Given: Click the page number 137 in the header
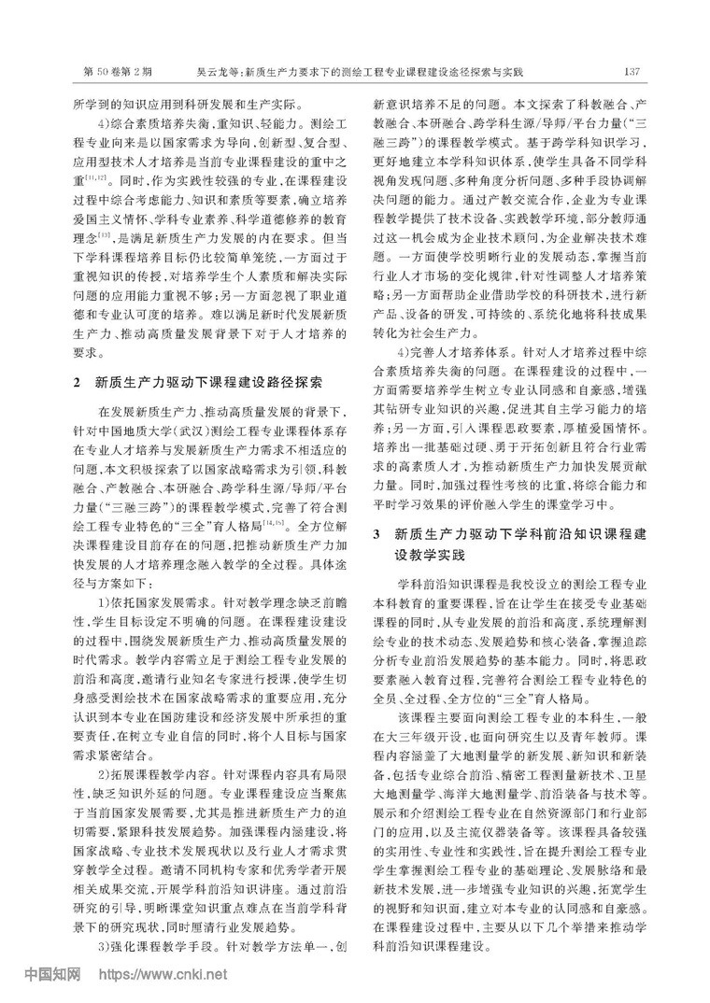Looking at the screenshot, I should click(630, 72).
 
